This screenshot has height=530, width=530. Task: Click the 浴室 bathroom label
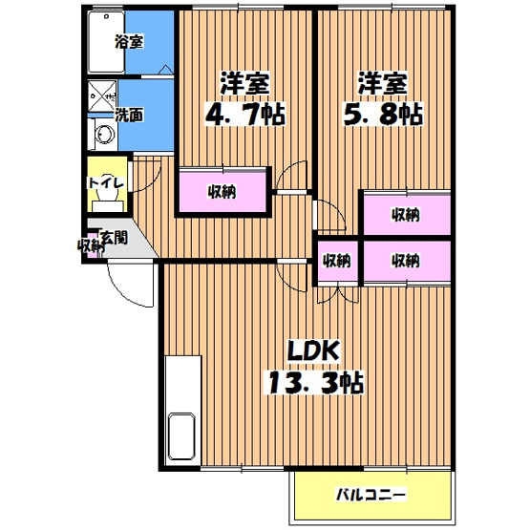(x=130, y=42)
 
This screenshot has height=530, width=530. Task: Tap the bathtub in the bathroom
(x=106, y=42)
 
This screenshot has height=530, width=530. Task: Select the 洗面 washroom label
(x=129, y=115)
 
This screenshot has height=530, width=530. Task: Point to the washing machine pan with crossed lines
(x=102, y=96)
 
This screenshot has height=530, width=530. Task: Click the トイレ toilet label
(x=106, y=183)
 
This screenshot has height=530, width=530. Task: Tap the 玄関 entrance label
(x=115, y=238)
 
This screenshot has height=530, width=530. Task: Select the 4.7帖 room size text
(x=245, y=114)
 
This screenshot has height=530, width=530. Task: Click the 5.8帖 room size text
(x=383, y=114)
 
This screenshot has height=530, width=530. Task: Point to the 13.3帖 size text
(x=316, y=383)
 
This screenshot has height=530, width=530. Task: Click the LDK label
(x=313, y=350)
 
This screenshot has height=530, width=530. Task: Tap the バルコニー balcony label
(x=371, y=496)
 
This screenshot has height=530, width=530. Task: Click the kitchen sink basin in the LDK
(x=182, y=436)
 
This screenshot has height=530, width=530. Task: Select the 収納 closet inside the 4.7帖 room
(x=223, y=192)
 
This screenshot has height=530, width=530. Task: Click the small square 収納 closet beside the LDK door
(x=337, y=261)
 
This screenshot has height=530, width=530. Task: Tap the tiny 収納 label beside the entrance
(x=90, y=245)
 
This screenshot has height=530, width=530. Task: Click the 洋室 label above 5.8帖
(x=383, y=83)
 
